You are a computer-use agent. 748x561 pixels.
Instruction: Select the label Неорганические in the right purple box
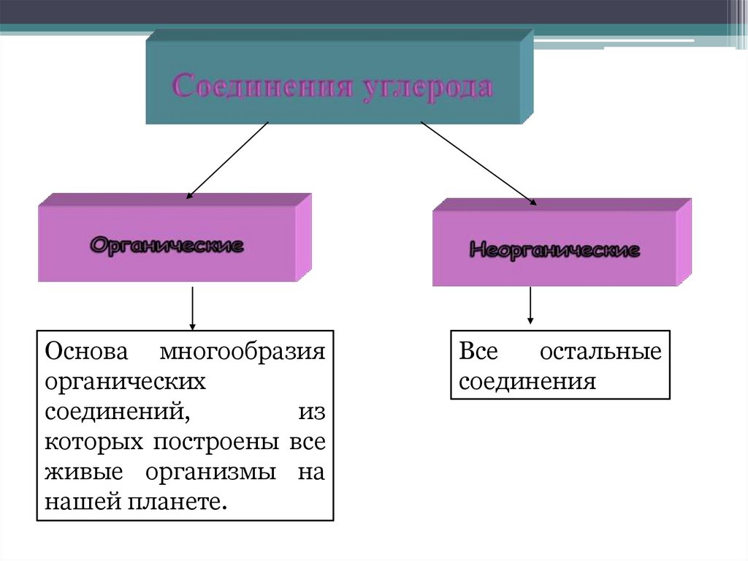click(x=554, y=250)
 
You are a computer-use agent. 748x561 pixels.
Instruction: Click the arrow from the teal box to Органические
click(x=227, y=160)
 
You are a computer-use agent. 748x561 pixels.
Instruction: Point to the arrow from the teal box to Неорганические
click(x=478, y=163)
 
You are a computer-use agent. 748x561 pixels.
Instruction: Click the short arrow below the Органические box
click(x=192, y=307)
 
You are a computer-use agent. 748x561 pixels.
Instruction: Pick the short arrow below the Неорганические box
click(x=530, y=306)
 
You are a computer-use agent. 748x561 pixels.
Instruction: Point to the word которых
click(x=93, y=443)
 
